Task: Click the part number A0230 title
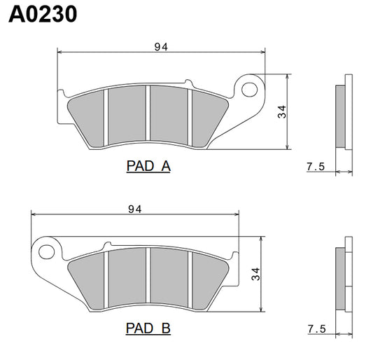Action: (x=43, y=15)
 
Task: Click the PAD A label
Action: (x=148, y=167)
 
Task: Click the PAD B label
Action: (x=148, y=328)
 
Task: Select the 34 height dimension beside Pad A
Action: (x=282, y=112)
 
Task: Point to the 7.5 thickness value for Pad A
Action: (x=316, y=167)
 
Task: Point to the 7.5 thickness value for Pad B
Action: (x=316, y=328)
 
